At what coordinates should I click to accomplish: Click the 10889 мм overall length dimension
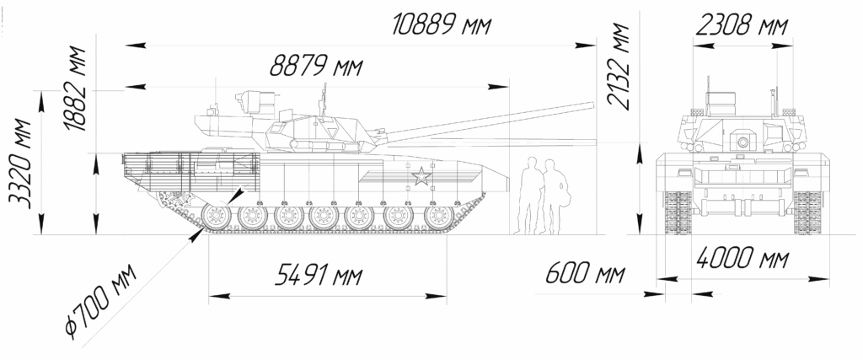tap(441, 25)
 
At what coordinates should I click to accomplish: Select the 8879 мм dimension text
tap(316, 67)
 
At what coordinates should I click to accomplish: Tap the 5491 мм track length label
tap(319, 275)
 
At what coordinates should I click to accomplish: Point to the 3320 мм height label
tap(21, 163)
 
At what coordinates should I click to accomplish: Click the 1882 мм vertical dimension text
tap(75, 89)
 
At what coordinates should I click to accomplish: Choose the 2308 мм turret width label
tap(742, 25)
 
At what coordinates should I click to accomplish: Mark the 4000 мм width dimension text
tap(742, 258)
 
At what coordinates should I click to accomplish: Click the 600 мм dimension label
tap(585, 273)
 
